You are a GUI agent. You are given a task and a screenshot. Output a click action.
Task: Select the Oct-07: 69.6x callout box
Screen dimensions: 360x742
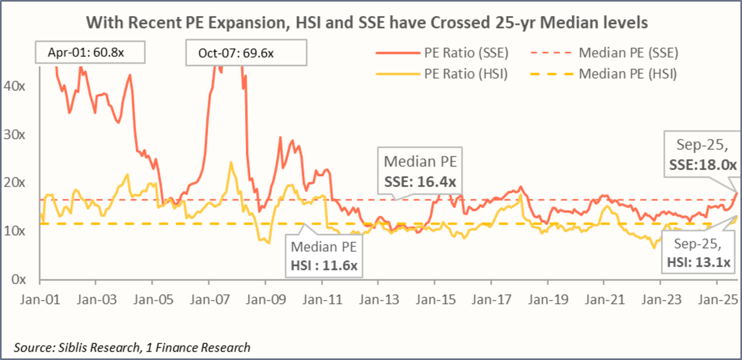click(245, 53)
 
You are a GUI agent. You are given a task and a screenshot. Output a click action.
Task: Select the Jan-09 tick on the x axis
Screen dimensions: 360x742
click(266, 299)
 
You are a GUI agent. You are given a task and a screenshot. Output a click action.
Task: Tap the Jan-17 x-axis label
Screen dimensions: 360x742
click(490, 299)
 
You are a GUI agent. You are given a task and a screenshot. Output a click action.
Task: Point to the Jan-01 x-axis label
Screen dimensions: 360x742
click(40, 299)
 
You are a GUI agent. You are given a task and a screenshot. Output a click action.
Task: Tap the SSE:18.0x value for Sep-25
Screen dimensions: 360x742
click(703, 165)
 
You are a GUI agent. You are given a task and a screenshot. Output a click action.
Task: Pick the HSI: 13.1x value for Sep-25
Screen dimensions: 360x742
click(699, 263)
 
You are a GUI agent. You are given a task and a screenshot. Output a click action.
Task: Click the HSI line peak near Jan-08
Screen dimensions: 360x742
click(231, 163)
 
